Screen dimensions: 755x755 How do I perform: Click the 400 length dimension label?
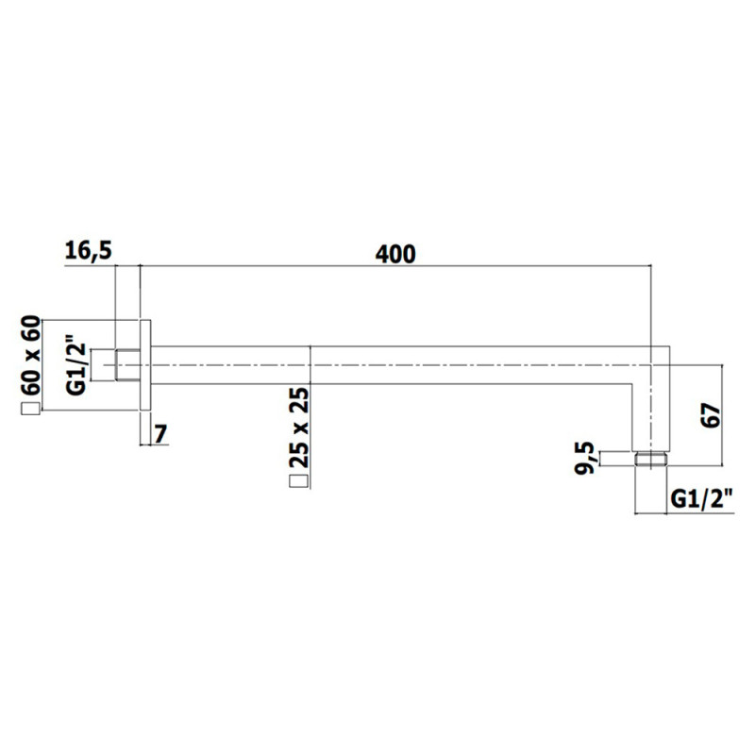[x=395, y=254]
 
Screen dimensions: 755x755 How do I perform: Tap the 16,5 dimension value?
[x=88, y=251]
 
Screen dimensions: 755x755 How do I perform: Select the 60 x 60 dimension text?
[x=30, y=356]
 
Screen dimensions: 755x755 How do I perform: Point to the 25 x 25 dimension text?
[x=299, y=428]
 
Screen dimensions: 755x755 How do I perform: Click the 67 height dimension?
[x=712, y=415]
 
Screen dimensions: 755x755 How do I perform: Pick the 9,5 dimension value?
[x=585, y=459]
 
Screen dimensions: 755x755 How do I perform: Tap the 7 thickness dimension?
[x=160, y=434]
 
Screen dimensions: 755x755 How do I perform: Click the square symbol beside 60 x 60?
[x=30, y=409]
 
